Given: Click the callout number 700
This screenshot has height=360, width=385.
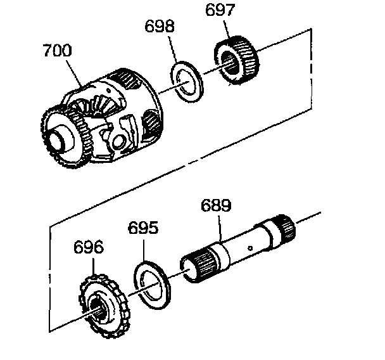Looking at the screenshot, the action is pyautogui.click(x=58, y=50).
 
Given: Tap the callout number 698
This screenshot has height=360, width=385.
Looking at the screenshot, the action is pyautogui.click(x=160, y=26).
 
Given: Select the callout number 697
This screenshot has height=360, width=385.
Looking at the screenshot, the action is pyautogui.click(x=220, y=10).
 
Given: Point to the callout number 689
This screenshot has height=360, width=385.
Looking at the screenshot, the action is pyautogui.click(x=216, y=206).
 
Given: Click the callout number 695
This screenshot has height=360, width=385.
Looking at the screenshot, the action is pyautogui.click(x=143, y=228).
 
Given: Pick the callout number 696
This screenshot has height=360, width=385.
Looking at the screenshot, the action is pyautogui.click(x=89, y=247).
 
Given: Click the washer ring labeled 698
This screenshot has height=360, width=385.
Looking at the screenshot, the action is pyautogui.click(x=187, y=82).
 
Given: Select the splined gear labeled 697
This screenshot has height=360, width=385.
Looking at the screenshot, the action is pyautogui.click(x=236, y=60).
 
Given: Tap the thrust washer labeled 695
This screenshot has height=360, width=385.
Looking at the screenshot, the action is pyautogui.click(x=153, y=285).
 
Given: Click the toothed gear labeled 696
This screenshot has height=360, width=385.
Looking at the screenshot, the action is pyautogui.click(x=104, y=306).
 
